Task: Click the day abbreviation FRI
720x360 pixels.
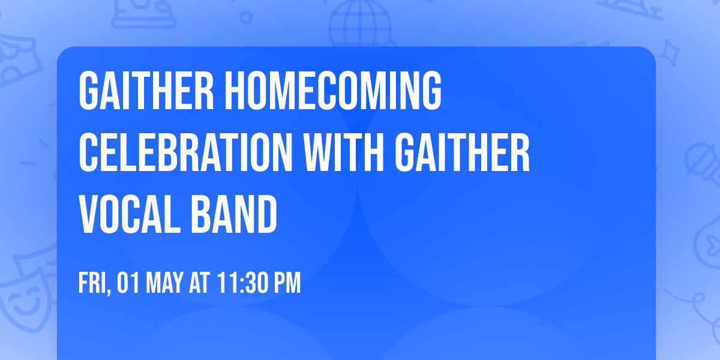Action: click(92, 283)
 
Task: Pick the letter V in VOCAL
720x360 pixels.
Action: click(89, 214)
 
